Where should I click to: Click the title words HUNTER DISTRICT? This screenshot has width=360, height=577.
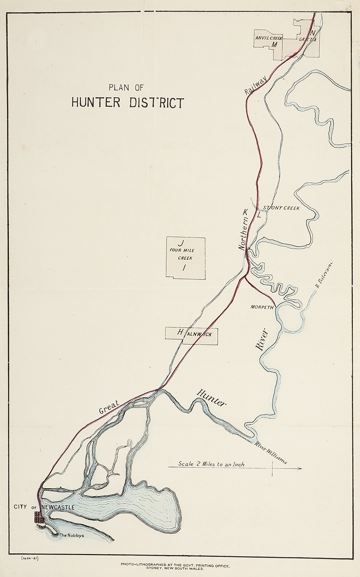point(127,102)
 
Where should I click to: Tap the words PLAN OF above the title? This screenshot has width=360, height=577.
point(126,87)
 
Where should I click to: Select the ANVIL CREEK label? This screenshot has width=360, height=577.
point(269,37)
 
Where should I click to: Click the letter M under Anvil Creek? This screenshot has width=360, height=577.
point(274,44)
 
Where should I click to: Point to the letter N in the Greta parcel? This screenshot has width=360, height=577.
point(312,33)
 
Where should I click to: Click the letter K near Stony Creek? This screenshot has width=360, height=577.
point(245,212)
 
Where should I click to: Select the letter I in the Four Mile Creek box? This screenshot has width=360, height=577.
point(184,268)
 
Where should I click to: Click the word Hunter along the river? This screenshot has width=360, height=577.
point(211,398)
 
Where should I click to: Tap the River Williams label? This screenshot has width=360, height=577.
point(270,453)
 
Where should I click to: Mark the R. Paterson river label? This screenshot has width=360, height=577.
point(324,274)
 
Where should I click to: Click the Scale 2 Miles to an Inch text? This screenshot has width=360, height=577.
point(211,463)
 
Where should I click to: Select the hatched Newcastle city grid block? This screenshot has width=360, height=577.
point(38,517)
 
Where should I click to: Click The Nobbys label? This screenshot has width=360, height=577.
point(72,535)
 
